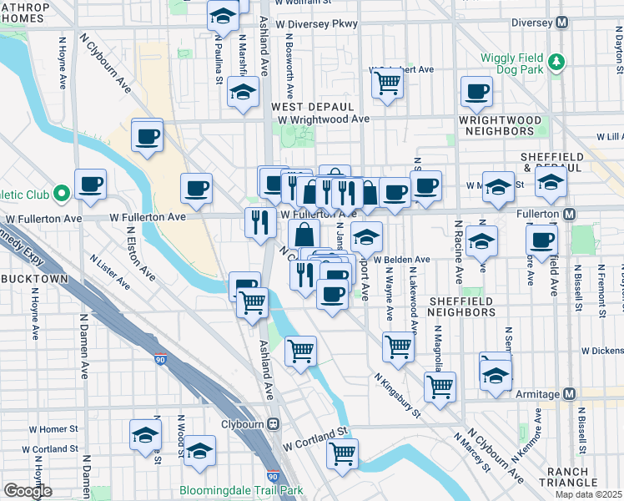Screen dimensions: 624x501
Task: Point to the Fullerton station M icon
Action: [569, 215]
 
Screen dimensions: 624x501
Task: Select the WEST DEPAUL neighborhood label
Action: [313, 107]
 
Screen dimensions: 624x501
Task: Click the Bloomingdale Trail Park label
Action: [242, 491]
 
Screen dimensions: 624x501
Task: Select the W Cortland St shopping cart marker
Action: [342, 453]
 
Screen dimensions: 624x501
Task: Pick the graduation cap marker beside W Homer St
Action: [145, 435]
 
